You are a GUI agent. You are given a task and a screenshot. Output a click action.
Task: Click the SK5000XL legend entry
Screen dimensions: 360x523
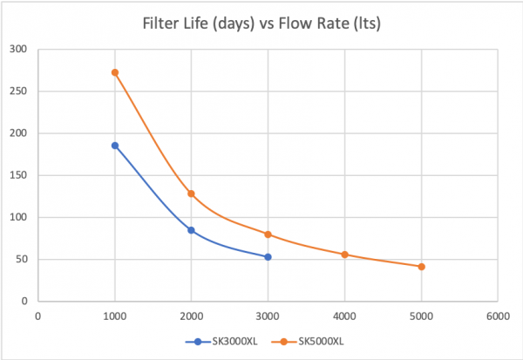[x=301, y=342]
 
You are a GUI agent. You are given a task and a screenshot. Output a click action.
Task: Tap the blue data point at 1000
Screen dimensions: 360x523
[x=114, y=146]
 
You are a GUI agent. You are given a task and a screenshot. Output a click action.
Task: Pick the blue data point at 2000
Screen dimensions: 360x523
[x=191, y=230]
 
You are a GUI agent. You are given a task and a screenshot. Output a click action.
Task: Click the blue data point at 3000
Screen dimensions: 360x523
[x=268, y=257]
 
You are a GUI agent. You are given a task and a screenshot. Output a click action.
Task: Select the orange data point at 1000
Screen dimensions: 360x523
[x=114, y=72]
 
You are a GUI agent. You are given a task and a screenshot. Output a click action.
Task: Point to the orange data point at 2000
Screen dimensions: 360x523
[x=191, y=194]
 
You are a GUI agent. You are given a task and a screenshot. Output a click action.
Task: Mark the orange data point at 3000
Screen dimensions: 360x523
[x=268, y=234]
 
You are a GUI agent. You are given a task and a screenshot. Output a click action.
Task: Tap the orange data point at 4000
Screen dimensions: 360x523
[x=345, y=255]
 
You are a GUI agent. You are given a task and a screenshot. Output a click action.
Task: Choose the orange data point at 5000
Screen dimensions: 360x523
[x=422, y=267]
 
